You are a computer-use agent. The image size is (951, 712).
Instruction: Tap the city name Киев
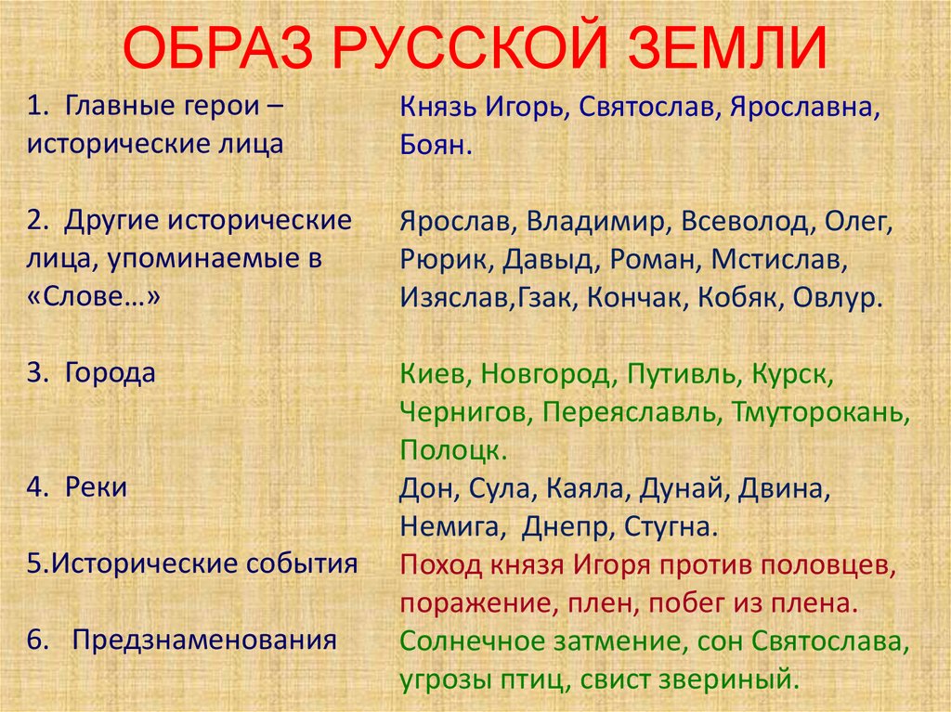coord(431,374)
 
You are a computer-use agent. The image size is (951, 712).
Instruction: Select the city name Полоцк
coord(454,450)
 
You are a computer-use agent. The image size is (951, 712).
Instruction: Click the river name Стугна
coord(671,526)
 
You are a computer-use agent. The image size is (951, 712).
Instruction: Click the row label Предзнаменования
coord(204,640)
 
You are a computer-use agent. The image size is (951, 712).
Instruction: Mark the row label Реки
coord(97,487)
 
